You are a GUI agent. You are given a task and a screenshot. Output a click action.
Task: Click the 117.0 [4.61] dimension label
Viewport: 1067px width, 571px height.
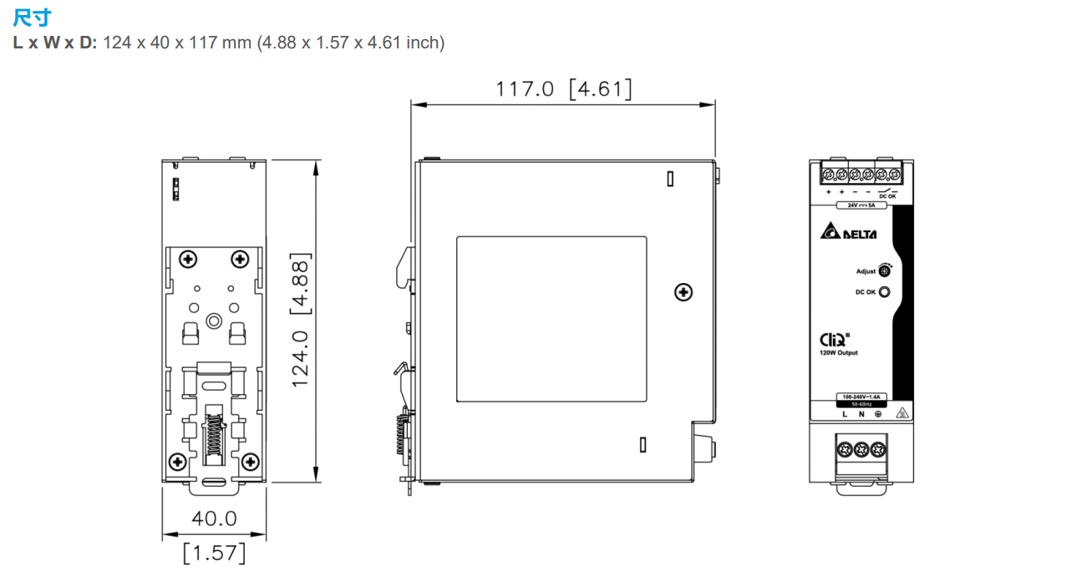click(x=563, y=88)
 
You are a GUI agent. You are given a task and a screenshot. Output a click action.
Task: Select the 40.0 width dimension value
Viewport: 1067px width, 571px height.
click(x=214, y=518)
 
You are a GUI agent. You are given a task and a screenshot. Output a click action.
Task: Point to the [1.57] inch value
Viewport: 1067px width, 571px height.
click(x=214, y=552)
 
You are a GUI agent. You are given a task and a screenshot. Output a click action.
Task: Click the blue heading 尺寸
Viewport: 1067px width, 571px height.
click(x=28, y=18)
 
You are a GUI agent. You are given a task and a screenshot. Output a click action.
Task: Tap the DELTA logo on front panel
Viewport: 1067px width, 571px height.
click(x=848, y=233)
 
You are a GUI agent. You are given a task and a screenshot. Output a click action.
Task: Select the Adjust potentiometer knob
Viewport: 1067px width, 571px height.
click(x=885, y=270)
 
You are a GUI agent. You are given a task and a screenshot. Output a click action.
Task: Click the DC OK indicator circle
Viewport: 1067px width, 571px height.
click(x=884, y=292)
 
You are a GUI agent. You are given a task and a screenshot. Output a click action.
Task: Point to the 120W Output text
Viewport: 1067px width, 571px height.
click(x=838, y=353)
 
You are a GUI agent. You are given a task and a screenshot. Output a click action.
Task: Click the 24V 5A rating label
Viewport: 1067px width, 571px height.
click(x=861, y=205)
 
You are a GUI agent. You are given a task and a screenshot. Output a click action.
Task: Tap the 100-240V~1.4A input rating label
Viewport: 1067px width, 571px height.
click(x=861, y=396)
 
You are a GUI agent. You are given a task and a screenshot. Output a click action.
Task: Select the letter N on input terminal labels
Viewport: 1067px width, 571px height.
click(x=861, y=414)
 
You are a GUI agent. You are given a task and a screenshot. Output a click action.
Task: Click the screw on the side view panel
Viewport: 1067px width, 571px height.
click(x=683, y=291)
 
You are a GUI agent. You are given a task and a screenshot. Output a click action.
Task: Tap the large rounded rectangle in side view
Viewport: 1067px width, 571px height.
click(x=551, y=318)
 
